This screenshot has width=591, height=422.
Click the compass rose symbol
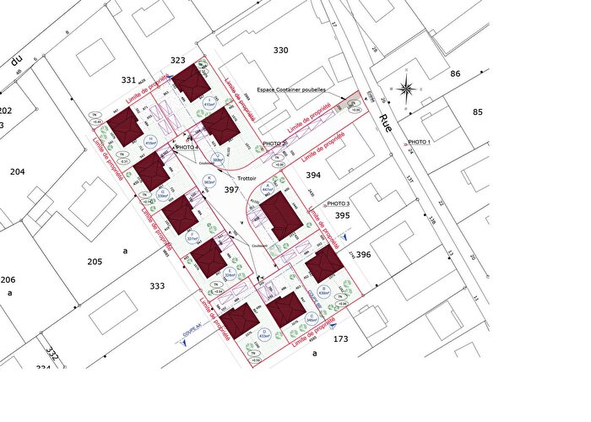pos(406,88)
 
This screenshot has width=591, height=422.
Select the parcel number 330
pos(281,51)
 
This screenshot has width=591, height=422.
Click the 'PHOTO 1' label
pos(419,142)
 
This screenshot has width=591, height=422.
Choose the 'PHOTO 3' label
pos(338,204)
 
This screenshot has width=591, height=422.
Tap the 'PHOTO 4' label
pos(186,147)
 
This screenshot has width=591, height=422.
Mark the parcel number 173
pos(341,338)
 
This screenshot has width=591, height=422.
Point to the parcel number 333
pos(157,286)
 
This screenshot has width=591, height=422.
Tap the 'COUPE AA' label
pos(191,324)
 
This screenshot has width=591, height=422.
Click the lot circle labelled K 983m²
pos(209,179)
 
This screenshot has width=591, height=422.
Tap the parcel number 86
pos(455,74)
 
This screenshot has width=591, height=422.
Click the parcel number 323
pos(177,60)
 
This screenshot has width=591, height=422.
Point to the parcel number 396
pos(364,254)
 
